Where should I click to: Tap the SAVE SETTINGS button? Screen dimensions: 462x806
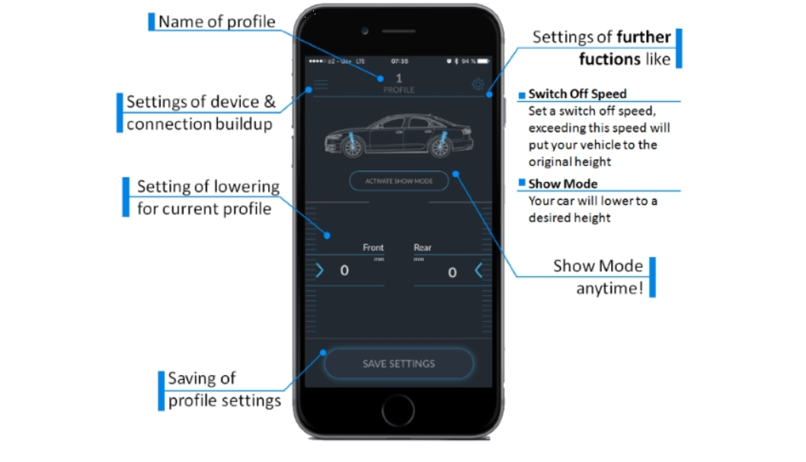pos(398,364)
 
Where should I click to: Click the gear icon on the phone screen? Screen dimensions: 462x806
pos(478,84)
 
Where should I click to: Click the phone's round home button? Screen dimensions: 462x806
pos(398,412)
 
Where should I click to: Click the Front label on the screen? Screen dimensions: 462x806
pos(373,247)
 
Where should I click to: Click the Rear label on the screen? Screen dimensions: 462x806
pos(423,247)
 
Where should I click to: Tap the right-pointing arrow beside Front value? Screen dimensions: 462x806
pos(320,270)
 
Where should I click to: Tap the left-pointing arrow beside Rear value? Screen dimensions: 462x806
pos(478,270)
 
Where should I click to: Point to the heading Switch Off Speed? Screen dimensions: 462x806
pos(577,94)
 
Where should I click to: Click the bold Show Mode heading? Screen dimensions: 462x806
pos(563,183)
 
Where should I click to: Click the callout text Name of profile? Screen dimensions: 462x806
pos(216,21)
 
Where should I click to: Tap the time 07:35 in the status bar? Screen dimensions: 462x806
pos(399,61)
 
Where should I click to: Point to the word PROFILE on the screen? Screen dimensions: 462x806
pos(398,90)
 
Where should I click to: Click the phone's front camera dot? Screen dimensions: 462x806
pos(366,31)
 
